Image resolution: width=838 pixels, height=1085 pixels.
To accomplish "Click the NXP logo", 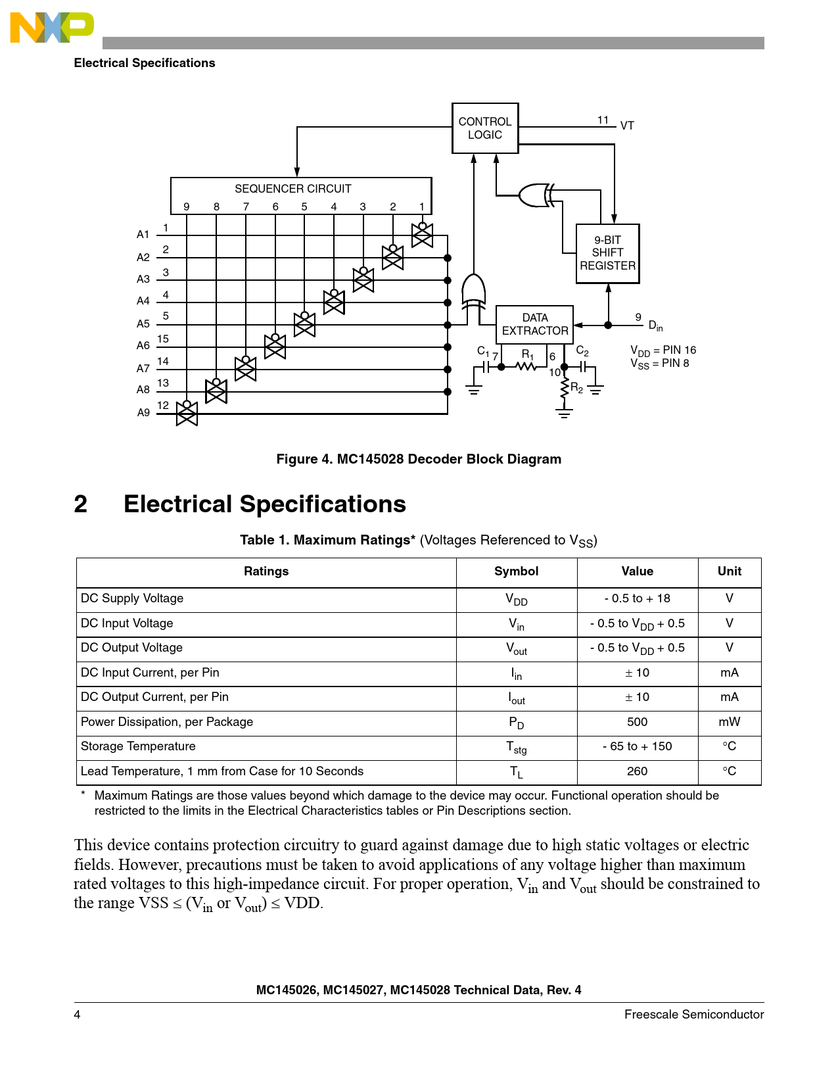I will (52, 28).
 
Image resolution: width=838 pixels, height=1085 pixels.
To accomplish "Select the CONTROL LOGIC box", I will (485, 128).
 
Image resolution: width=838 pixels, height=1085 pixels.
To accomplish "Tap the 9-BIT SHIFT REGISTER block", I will (607, 253).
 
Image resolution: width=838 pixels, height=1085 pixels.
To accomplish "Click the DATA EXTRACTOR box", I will (534, 324).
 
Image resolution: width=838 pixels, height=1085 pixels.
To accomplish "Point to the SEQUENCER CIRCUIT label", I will (292, 189).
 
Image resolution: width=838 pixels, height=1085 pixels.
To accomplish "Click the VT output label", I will (627, 126).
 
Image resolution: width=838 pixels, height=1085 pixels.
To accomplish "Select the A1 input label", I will (143, 235).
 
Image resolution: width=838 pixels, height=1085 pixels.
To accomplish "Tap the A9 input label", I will (143, 413).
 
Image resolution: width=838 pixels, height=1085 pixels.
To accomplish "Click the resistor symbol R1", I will (526, 366).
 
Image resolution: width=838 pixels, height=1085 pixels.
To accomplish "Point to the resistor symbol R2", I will (564, 389).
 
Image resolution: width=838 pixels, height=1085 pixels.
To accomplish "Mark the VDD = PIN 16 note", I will (663, 350).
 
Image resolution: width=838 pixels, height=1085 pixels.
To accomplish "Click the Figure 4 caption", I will (419, 459).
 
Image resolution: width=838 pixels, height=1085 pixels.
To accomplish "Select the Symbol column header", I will (516, 571).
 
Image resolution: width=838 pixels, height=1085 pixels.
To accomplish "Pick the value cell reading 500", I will (637, 722).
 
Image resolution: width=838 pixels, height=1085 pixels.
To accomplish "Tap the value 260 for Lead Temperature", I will (637, 771).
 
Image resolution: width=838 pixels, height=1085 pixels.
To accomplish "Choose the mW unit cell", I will (729, 722).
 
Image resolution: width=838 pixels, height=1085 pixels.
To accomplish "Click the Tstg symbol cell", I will (516, 747).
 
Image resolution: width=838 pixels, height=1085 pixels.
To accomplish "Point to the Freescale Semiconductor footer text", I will (693, 1015).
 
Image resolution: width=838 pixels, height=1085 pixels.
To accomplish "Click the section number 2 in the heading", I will (81, 504).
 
